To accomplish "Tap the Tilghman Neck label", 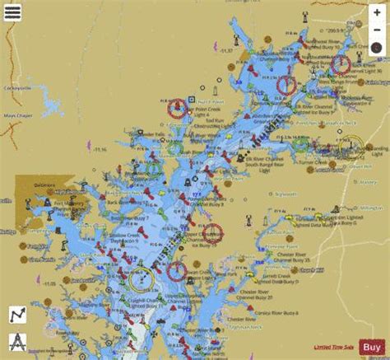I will pos(250,327).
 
